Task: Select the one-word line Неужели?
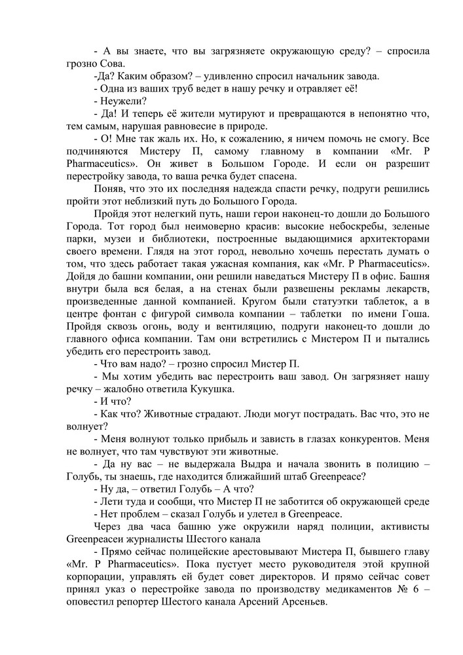click(123, 101)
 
